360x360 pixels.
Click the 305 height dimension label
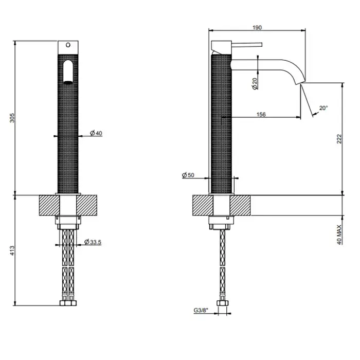(x=12, y=118)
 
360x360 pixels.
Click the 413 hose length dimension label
(x=12, y=250)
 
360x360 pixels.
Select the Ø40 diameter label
(x=96, y=133)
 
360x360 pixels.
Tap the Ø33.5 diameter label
(x=93, y=242)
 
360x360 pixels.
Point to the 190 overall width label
(x=257, y=28)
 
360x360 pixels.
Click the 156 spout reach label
(x=261, y=114)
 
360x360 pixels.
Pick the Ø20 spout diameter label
(x=255, y=83)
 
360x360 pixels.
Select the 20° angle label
(x=323, y=108)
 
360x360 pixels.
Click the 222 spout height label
(x=339, y=139)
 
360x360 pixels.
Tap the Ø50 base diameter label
(x=188, y=175)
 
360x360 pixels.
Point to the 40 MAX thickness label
(x=339, y=235)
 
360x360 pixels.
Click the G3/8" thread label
(x=201, y=311)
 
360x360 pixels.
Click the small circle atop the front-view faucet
(x=68, y=45)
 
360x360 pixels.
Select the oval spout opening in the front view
(x=68, y=72)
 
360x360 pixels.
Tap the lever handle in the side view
(x=247, y=45)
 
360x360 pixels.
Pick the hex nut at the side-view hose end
(x=223, y=303)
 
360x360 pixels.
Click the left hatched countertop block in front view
(x=49, y=205)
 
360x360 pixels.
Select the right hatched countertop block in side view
(x=240, y=205)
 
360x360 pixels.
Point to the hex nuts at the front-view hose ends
(x=68, y=303)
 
